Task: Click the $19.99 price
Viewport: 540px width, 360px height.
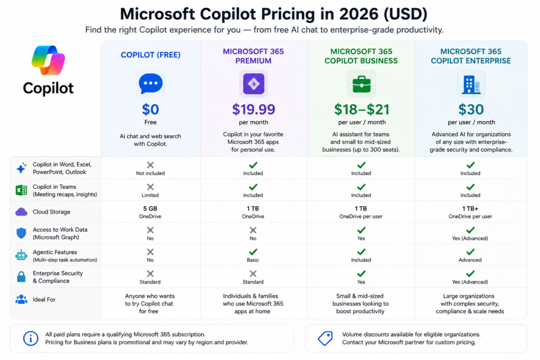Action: point(254,110)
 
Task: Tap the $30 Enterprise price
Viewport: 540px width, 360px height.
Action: point(471,110)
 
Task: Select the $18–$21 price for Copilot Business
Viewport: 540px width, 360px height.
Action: point(362,110)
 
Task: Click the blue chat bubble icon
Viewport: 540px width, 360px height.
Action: point(150,83)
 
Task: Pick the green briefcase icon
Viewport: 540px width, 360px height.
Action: point(362,84)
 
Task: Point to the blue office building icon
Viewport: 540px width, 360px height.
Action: point(471,84)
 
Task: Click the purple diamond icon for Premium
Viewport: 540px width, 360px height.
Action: point(254,84)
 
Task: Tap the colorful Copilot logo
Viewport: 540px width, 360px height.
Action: point(48,60)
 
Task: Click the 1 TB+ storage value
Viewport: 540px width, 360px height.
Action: point(470,209)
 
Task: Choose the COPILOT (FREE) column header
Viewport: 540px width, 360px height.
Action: point(150,55)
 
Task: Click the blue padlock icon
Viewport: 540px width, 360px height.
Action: point(21,276)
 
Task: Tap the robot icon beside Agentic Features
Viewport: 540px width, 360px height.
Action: point(21,255)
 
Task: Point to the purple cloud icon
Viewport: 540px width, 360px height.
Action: point(21,212)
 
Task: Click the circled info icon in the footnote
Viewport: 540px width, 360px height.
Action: point(31,338)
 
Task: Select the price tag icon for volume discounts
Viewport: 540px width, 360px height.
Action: point(325,338)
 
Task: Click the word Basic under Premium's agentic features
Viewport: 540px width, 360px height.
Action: point(253,260)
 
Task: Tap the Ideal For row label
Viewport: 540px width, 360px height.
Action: point(44,299)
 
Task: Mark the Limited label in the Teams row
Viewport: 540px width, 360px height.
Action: point(150,195)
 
